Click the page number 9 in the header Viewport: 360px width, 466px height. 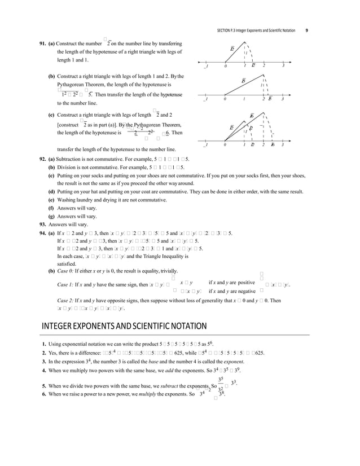coord(306,30)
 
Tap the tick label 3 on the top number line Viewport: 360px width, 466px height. coord(283,66)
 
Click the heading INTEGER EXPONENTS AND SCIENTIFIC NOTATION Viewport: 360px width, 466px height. coord(124,326)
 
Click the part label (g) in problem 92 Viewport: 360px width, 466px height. coord(52,216)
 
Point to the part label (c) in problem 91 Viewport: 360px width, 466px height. coord(52,115)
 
